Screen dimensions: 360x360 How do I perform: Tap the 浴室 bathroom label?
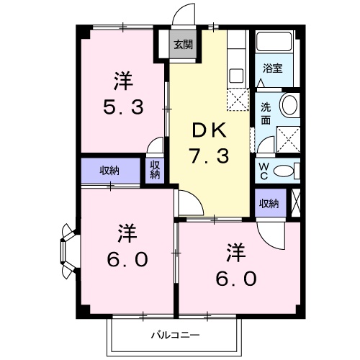[x=272, y=68]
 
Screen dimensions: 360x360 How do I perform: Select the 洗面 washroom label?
[x=265, y=112]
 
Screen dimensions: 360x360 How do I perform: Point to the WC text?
[x=264, y=171]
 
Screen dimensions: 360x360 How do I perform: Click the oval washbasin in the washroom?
[x=289, y=105]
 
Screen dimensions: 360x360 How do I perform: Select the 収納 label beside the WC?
[x=269, y=204]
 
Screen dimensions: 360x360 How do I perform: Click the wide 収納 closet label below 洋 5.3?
[x=110, y=171]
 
